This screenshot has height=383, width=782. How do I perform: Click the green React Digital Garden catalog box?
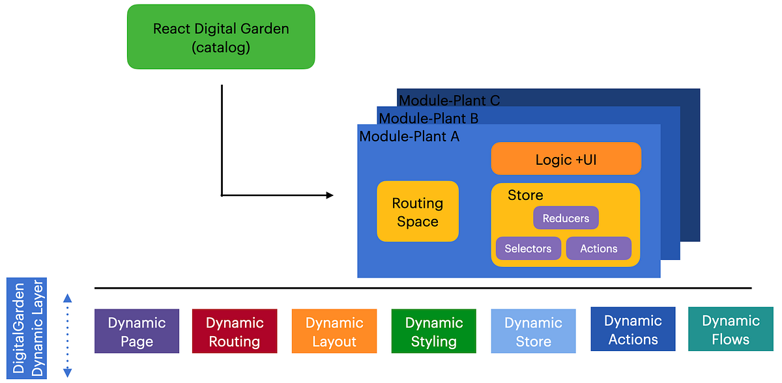click(221, 37)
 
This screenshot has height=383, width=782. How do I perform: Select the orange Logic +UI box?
click(566, 159)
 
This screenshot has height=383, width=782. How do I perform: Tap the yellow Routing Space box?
click(418, 212)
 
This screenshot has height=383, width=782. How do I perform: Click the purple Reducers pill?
click(566, 218)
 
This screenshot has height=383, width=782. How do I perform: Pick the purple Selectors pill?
click(528, 248)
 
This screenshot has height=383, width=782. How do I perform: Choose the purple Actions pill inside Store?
click(598, 248)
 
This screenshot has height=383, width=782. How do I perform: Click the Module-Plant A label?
click(409, 136)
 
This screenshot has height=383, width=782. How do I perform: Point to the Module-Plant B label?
click(428, 119)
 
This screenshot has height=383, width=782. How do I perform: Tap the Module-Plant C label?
click(449, 100)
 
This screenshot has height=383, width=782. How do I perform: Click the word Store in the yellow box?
click(525, 195)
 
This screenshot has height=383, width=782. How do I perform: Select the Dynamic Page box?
click(137, 332)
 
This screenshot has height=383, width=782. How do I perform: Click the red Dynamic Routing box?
click(235, 332)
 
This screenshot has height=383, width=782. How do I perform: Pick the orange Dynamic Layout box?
click(334, 332)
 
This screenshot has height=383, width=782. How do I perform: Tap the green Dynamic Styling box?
click(434, 332)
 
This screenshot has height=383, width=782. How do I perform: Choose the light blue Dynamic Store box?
click(533, 332)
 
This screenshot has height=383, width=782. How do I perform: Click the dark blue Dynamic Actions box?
click(633, 330)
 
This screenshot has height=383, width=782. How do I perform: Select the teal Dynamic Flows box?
click(731, 330)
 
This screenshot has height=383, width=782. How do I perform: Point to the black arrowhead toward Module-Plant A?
click(329, 195)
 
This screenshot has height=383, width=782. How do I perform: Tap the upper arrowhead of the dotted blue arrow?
click(67, 298)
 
